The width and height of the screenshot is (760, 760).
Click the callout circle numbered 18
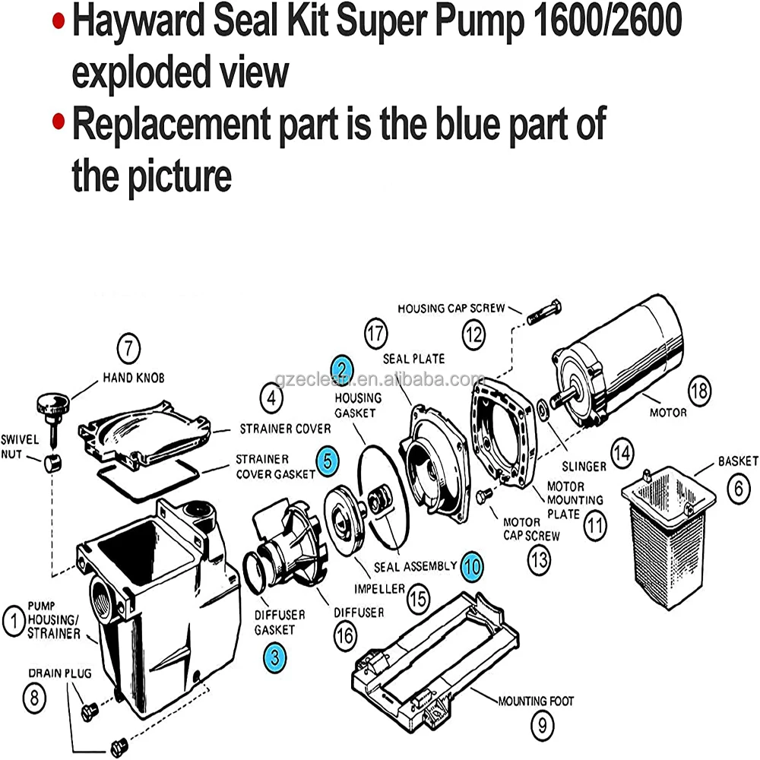click(x=700, y=393)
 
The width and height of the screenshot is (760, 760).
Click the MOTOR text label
click(x=668, y=413)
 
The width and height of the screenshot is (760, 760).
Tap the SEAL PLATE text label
click(x=414, y=358)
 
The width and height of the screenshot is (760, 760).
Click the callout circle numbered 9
click(x=541, y=726)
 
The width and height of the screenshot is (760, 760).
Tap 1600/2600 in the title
click(x=603, y=23)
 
